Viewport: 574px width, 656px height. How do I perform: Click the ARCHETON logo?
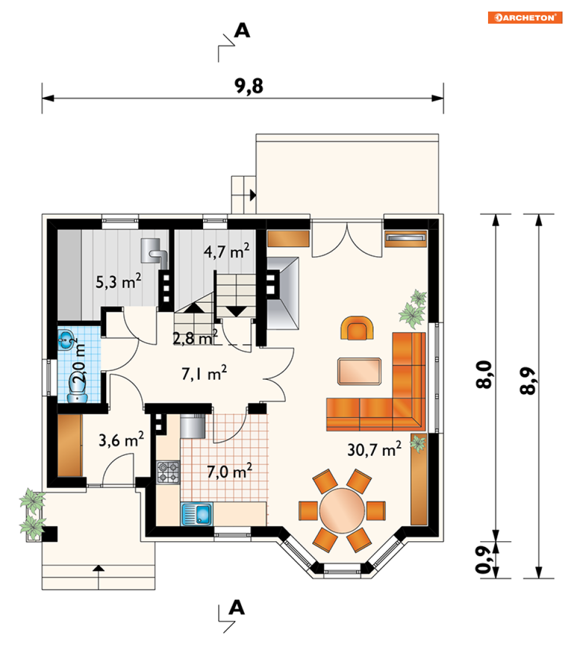pos(524,17)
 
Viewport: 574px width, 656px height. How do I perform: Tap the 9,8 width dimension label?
pos(249,86)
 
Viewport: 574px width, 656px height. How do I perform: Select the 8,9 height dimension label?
pos(528,381)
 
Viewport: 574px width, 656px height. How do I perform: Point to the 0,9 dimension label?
pos(483,559)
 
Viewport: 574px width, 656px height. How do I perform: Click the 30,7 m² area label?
pos(374,449)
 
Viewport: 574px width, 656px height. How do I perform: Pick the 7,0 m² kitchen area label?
pos(230,471)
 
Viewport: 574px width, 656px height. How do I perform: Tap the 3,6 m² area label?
pos(121,439)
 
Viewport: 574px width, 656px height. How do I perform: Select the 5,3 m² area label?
pos(118,281)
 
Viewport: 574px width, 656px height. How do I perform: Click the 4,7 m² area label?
pos(227,251)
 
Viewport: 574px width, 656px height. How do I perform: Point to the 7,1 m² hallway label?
pos(204,373)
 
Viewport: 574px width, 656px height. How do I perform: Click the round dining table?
pos(342,511)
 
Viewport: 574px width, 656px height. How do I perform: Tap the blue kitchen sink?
pos(197,513)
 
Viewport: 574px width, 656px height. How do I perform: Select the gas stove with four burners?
pos(168,472)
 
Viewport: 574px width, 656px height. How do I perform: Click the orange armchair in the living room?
pos(357,328)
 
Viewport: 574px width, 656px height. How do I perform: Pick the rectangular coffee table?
pos(359,371)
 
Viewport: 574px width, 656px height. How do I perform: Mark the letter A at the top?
pos(242,31)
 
